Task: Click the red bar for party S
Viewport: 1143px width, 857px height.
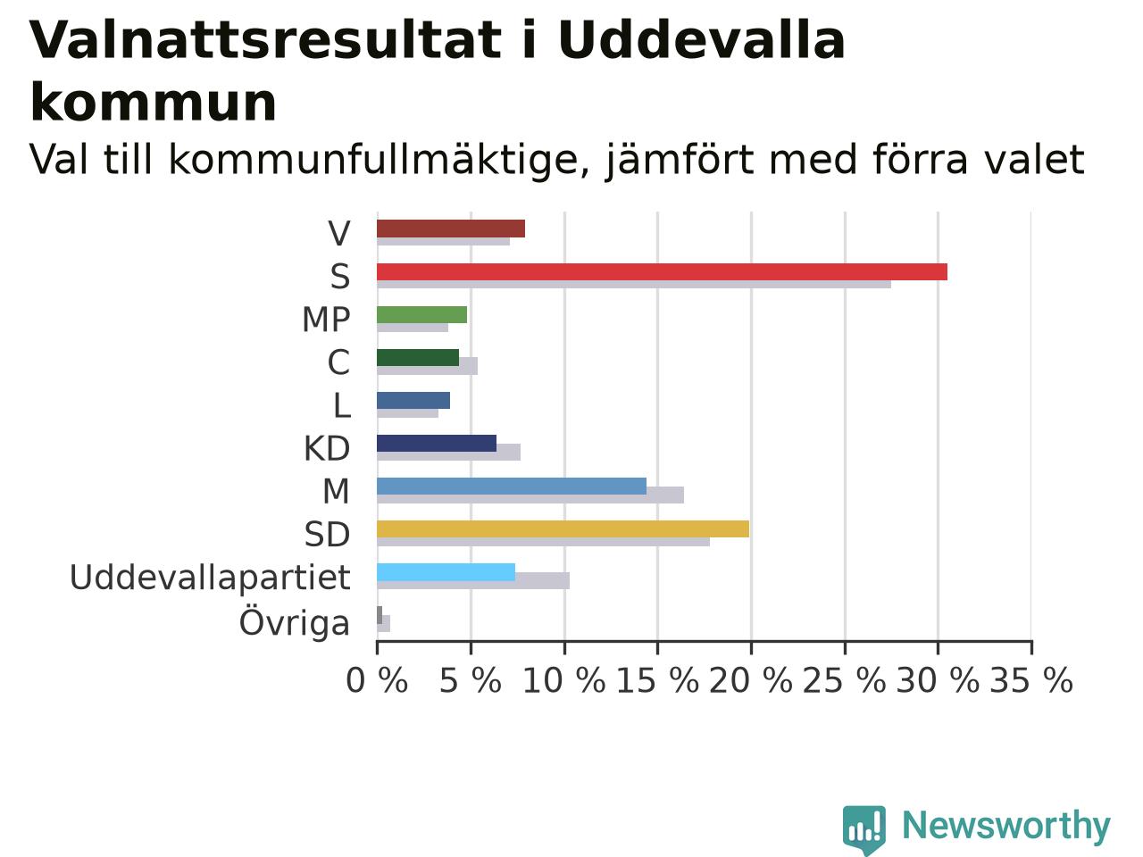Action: pos(662,272)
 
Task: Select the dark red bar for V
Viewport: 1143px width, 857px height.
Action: pos(451,229)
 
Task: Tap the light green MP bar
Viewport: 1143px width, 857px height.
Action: pos(421,315)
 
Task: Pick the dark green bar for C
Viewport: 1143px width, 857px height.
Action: pos(418,358)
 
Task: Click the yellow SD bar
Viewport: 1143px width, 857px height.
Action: pos(563,528)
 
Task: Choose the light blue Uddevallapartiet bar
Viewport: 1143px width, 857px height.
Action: pos(446,572)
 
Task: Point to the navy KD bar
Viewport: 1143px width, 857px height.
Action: pos(437,444)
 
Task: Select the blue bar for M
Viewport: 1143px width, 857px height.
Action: pos(512,486)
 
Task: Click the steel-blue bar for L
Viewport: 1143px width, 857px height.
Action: pos(413,401)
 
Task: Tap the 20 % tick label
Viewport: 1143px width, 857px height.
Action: pos(750,680)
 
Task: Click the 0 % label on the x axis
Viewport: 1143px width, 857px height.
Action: pos(377,680)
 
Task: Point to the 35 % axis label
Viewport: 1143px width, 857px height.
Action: pos(1031,680)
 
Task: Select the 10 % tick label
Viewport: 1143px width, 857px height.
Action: pos(564,680)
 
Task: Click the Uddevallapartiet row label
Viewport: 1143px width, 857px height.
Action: pos(210,578)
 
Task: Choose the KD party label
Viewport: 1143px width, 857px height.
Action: pos(327,448)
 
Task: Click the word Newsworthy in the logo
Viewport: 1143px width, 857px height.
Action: pos(1006,826)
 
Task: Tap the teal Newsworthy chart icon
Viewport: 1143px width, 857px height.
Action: pos(864,828)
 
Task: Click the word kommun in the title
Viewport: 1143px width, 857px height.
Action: pos(153,103)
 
